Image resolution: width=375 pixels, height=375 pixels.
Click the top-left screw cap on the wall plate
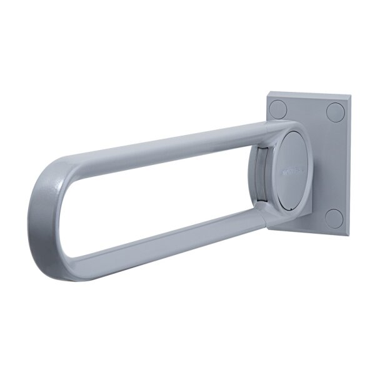(x=279, y=110)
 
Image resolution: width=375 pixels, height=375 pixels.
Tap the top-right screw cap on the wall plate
(x=336, y=112)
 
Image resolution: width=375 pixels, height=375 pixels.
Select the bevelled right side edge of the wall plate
(x=347, y=166)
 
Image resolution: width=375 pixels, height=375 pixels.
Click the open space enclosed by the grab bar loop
(x=156, y=194)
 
